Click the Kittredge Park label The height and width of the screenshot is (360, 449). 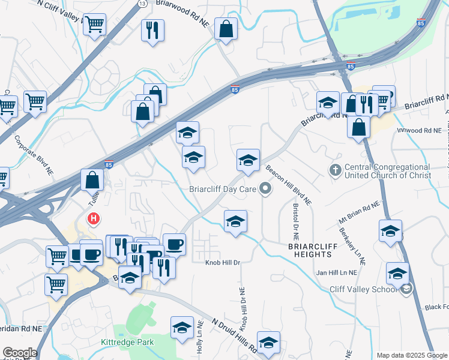point(127,342)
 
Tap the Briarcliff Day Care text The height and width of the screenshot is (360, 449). point(223,190)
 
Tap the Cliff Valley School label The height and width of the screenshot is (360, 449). point(363,289)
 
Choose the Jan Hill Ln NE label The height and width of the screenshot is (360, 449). point(337,272)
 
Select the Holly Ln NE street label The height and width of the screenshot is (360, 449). point(199,341)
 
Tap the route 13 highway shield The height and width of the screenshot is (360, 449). point(142,3)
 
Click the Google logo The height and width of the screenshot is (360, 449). point(20,353)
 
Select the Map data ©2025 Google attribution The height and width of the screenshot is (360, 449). point(411,355)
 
